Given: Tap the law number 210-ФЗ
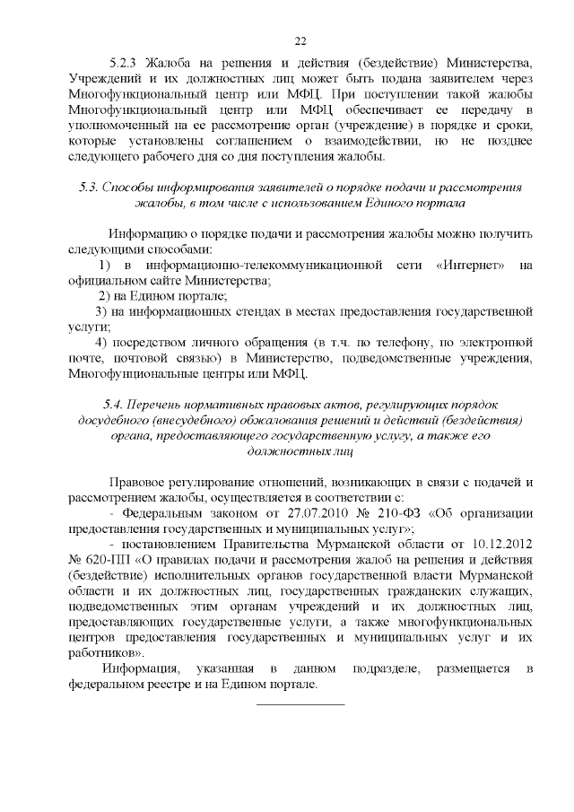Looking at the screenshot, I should tap(409, 512).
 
